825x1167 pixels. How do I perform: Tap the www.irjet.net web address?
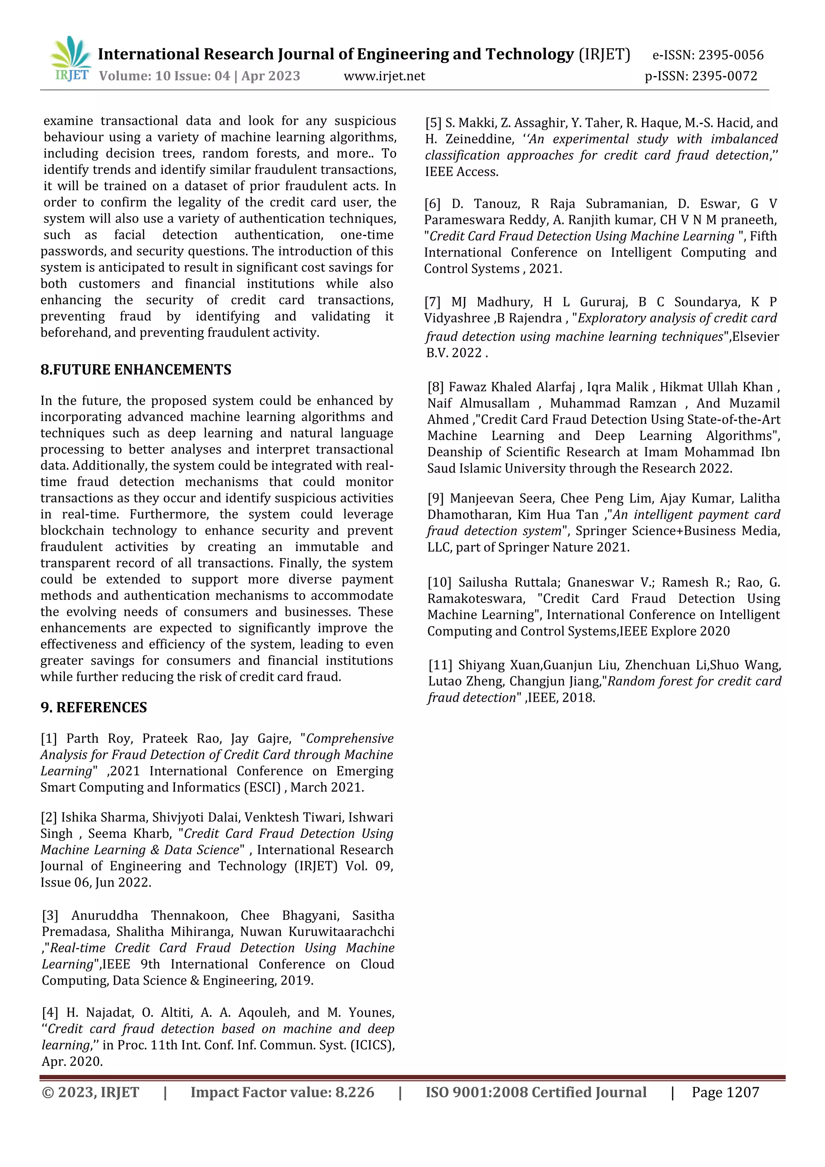tap(384, 76)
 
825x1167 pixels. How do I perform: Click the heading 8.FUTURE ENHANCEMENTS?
tap(136, 369)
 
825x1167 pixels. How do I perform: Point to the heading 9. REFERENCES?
tap(93, 707)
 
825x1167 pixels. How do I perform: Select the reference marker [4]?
tap(50, 1012)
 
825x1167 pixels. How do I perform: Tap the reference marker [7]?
tap(433, 302)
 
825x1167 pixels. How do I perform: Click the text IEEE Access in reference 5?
tap(462, 172)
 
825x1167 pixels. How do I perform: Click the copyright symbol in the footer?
tap(48, 1092)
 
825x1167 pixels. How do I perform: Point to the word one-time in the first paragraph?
tap(367, 235)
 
